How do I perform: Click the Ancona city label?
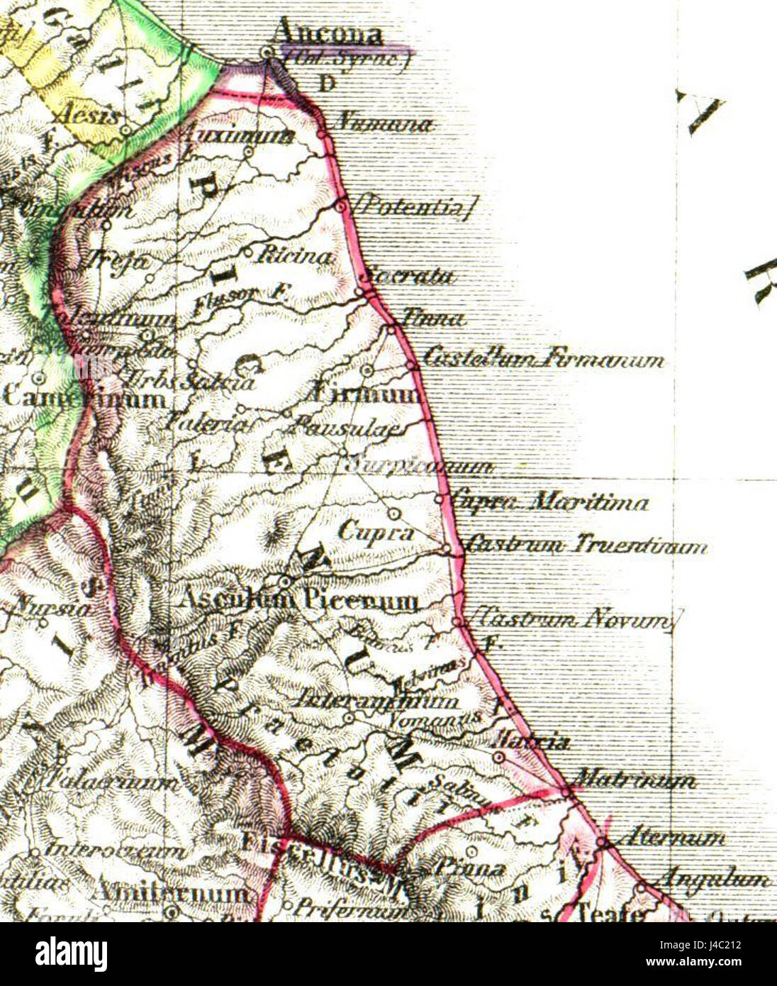(328, 34)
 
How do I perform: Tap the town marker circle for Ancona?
(267, 52)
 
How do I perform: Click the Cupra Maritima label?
(550, 502)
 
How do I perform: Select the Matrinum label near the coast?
(633, 781)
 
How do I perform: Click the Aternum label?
(669, 838)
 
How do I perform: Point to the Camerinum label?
(84, 397)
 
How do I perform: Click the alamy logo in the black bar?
(71, 953)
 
